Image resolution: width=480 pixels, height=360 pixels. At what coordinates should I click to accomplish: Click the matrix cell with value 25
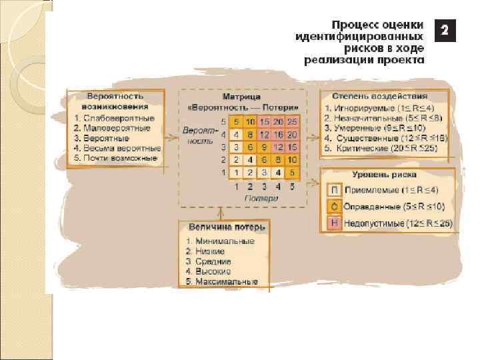point(292,122)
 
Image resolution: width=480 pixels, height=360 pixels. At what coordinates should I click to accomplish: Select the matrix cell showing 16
point(277,134)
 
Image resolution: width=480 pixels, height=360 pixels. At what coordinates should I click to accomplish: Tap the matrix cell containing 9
point(263,147)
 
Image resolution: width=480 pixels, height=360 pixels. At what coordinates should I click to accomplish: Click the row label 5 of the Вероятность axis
point(223,122)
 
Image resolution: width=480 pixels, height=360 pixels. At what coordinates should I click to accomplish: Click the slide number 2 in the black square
point(445,30)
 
